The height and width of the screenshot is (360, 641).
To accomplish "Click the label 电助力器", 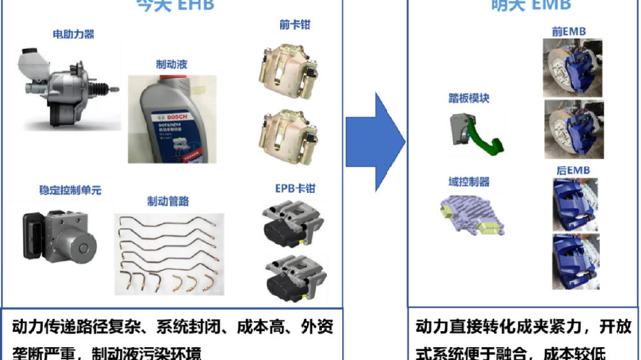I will click(73, 34).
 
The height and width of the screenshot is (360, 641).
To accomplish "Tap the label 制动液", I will click(171, 65).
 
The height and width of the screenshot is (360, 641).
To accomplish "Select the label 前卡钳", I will click(295, 26).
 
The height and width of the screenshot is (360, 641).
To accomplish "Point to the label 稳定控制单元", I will click(70, 190).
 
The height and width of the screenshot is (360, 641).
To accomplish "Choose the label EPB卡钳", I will click(296, 189).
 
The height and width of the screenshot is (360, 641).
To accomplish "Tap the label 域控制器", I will click(469, 182).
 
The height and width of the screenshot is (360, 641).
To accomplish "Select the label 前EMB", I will click(569, 31).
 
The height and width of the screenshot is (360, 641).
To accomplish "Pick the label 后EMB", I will click(573, 170).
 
